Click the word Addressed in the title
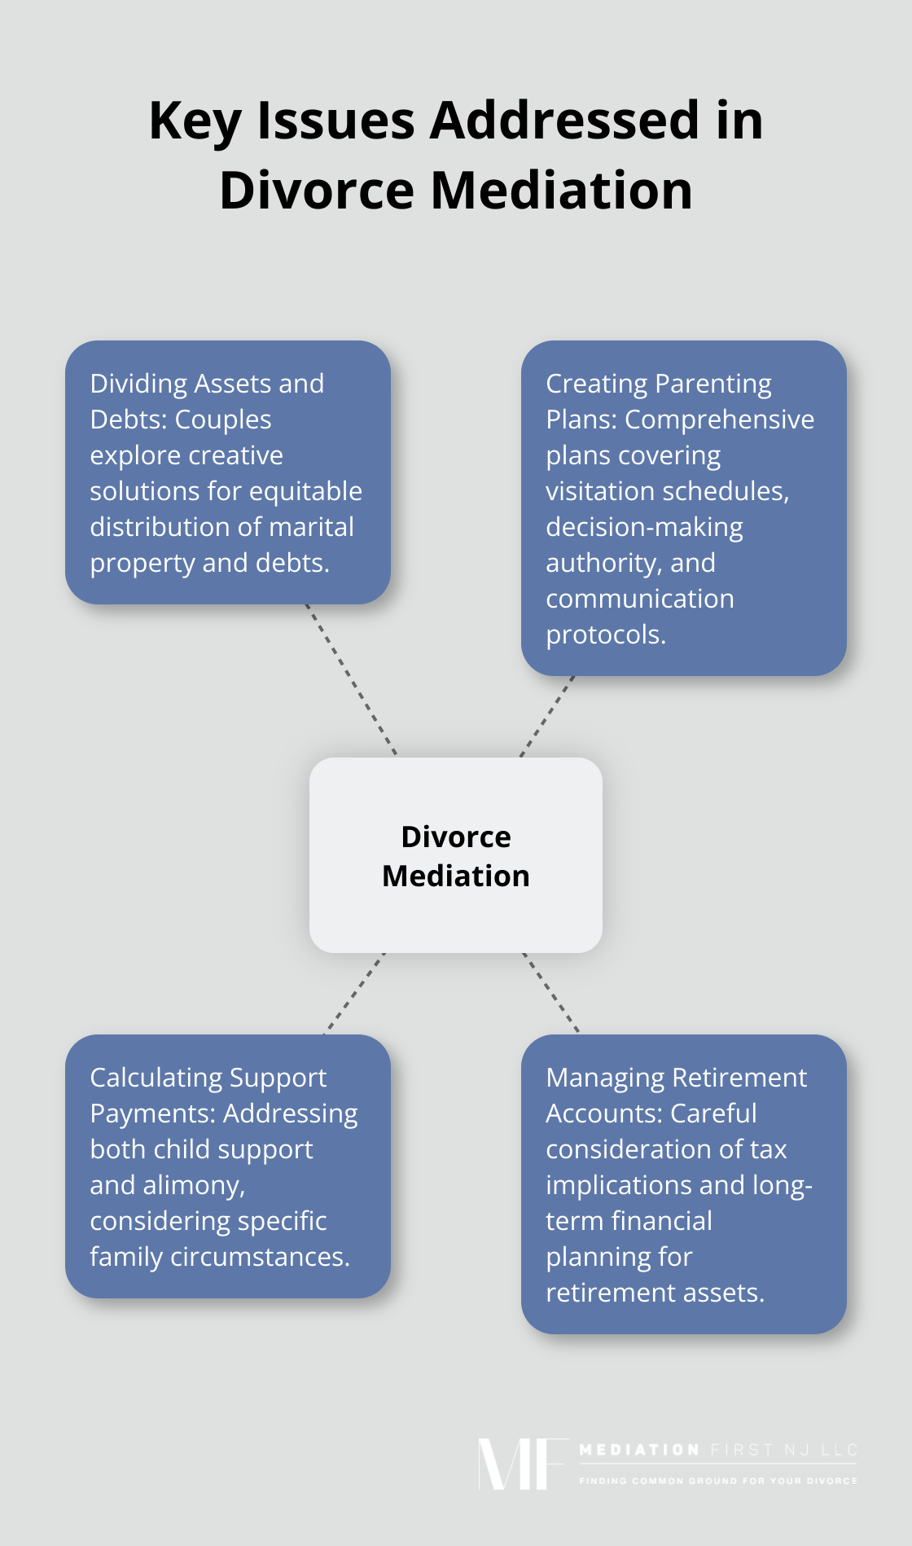coord(564,121)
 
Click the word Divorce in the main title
coord(317,191)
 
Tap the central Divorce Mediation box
coord(456,855)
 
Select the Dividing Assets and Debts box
coord(228,472)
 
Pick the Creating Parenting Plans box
coord(684,508)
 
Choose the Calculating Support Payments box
coord(228,1166)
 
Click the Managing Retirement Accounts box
coord(684,1184)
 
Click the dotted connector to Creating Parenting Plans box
coord(547,716)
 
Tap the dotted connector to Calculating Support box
coord(355,994)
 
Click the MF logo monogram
coord(521,1464)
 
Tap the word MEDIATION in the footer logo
coord(639,1450)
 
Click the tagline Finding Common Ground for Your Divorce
coord(718,1481)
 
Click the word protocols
coord(606,635)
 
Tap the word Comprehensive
coord(719,419)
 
